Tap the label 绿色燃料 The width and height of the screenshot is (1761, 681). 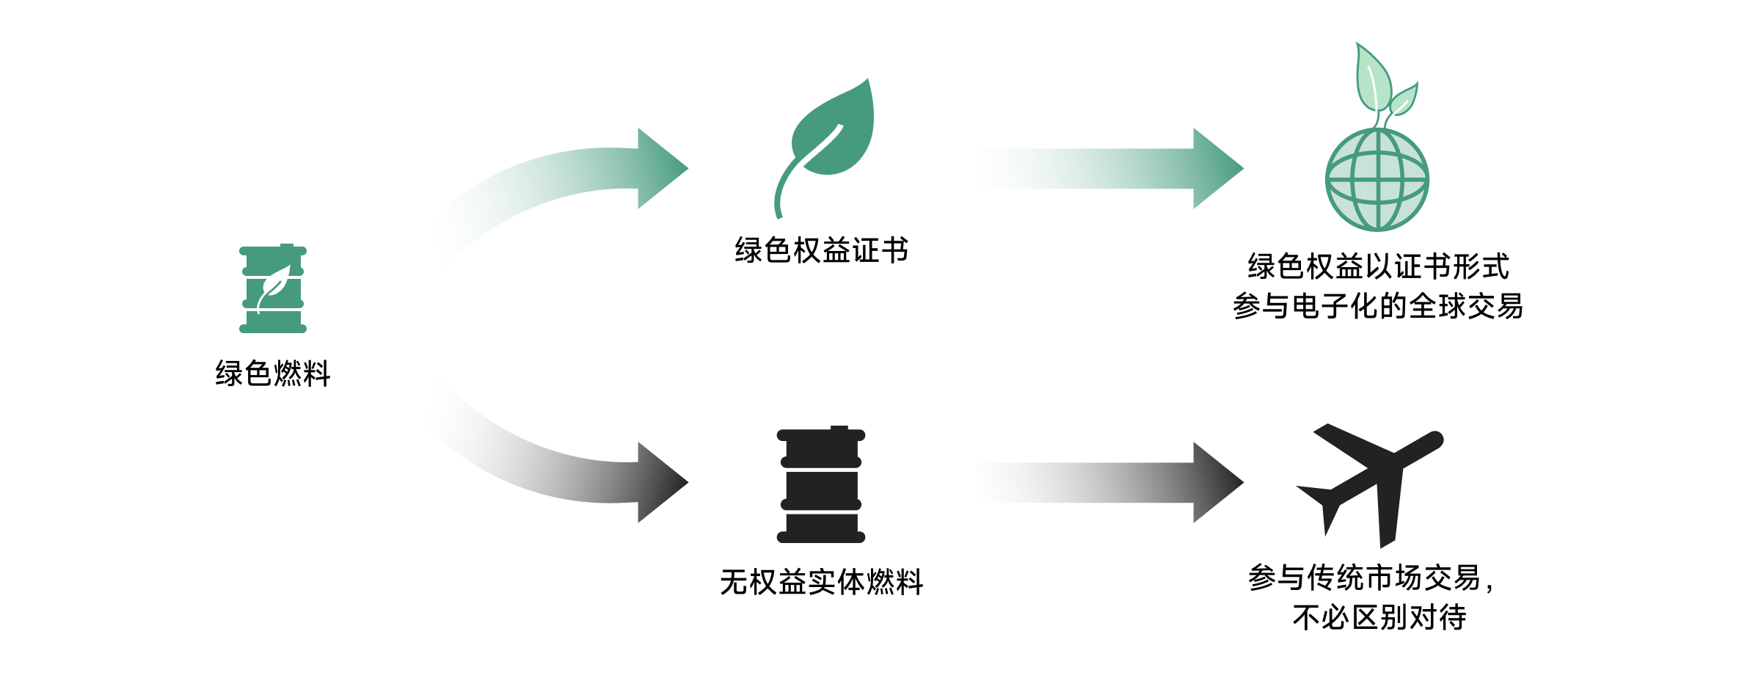tap(272, 374)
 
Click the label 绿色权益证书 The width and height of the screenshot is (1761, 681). tap(821, 250)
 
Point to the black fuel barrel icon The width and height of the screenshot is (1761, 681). tap(820, 485)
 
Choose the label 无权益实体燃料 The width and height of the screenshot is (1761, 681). tap(821, 582)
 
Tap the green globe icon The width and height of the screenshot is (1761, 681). tap(1377, 180)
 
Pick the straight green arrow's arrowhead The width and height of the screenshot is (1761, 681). tap(1217, 168)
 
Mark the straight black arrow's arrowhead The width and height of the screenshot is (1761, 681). tap(1217, 482)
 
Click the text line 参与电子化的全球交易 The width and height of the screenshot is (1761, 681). tap(1377, 306)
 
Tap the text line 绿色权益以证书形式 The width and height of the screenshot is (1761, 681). tap(1377, 266)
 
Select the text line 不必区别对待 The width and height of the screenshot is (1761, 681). tap(1379, 617)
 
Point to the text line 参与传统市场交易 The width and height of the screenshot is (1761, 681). tap(1365, 578)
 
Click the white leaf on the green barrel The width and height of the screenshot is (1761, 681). tap(275, 286)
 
